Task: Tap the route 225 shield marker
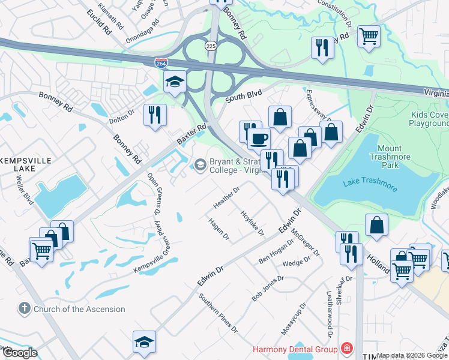pos(210,46)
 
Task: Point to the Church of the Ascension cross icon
pos(24,309)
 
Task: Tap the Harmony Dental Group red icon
pos(346,349)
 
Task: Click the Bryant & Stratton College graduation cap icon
pos(199,164)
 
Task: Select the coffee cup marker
pos(259,139)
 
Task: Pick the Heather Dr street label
pos(227,197)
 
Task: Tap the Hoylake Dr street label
pos(252,223)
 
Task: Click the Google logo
pos(19,353)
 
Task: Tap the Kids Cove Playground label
pos(429,119)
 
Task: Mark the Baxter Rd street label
pos(191,133)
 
